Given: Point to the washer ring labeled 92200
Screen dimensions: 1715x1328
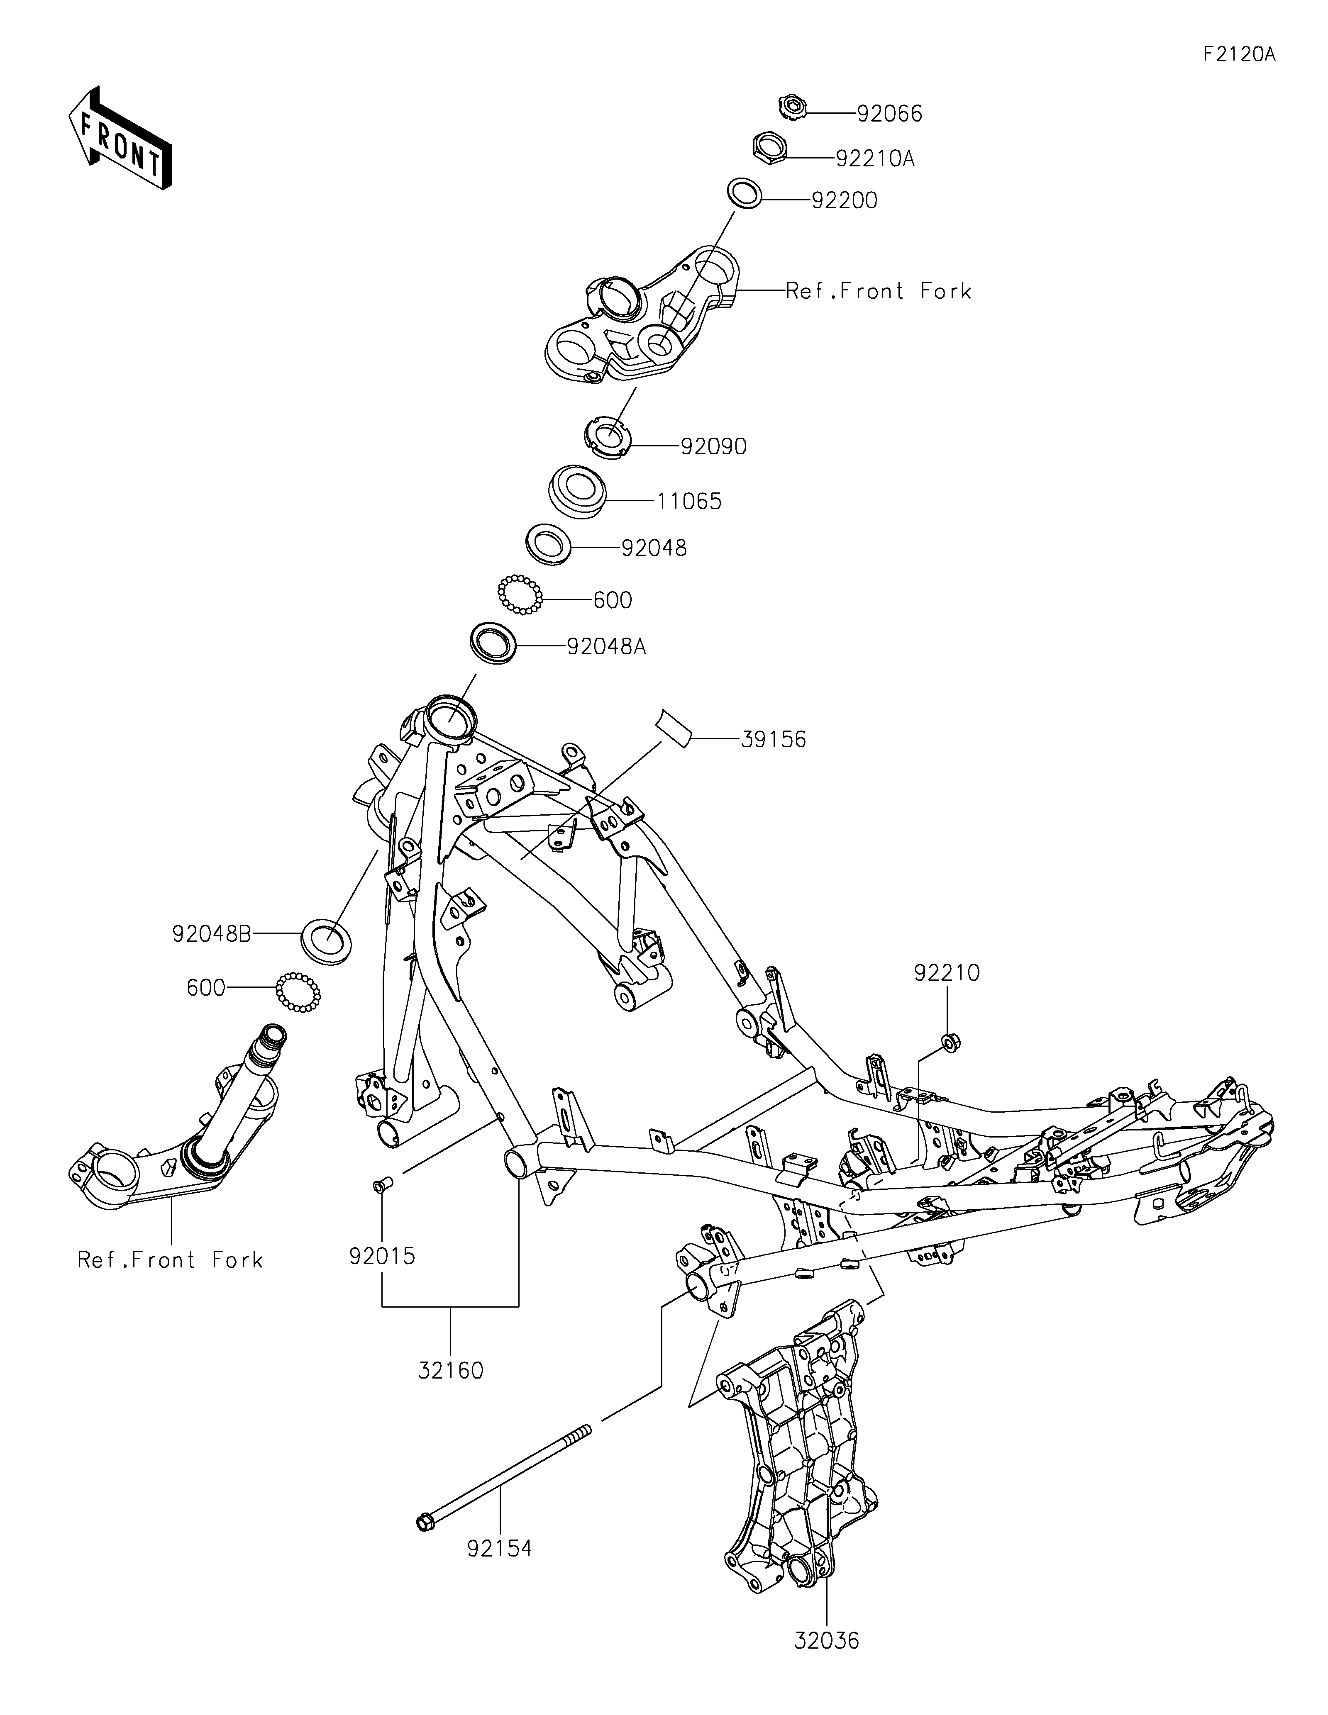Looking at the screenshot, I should [x=745, y=193].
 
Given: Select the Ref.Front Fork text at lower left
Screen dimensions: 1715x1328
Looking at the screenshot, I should [x=170, y=1260].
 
